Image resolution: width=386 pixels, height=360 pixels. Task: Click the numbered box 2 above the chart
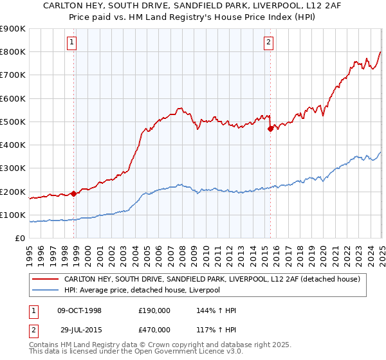click(268, 43)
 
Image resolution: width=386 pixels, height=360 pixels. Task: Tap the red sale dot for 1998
click(73, 194)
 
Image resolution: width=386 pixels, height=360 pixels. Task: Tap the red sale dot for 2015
click(270, 129)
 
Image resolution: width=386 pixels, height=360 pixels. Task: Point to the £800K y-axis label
click(13, 52)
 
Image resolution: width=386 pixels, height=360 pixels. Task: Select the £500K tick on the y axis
click(13, 122)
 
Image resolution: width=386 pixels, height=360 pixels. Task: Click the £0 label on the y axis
click(20, 238)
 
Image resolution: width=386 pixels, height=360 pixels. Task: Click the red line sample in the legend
click(44, 279)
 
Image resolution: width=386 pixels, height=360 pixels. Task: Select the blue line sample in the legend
click(44, 290)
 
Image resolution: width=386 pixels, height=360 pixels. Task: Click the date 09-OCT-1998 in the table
click(80, 310)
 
